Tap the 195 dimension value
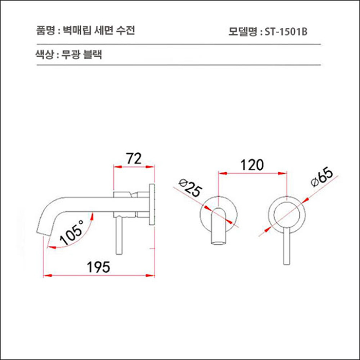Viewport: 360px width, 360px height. tap(98, 267)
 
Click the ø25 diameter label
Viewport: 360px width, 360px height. tap(189, 188)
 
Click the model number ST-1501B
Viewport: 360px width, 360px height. tap(285, 31)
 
